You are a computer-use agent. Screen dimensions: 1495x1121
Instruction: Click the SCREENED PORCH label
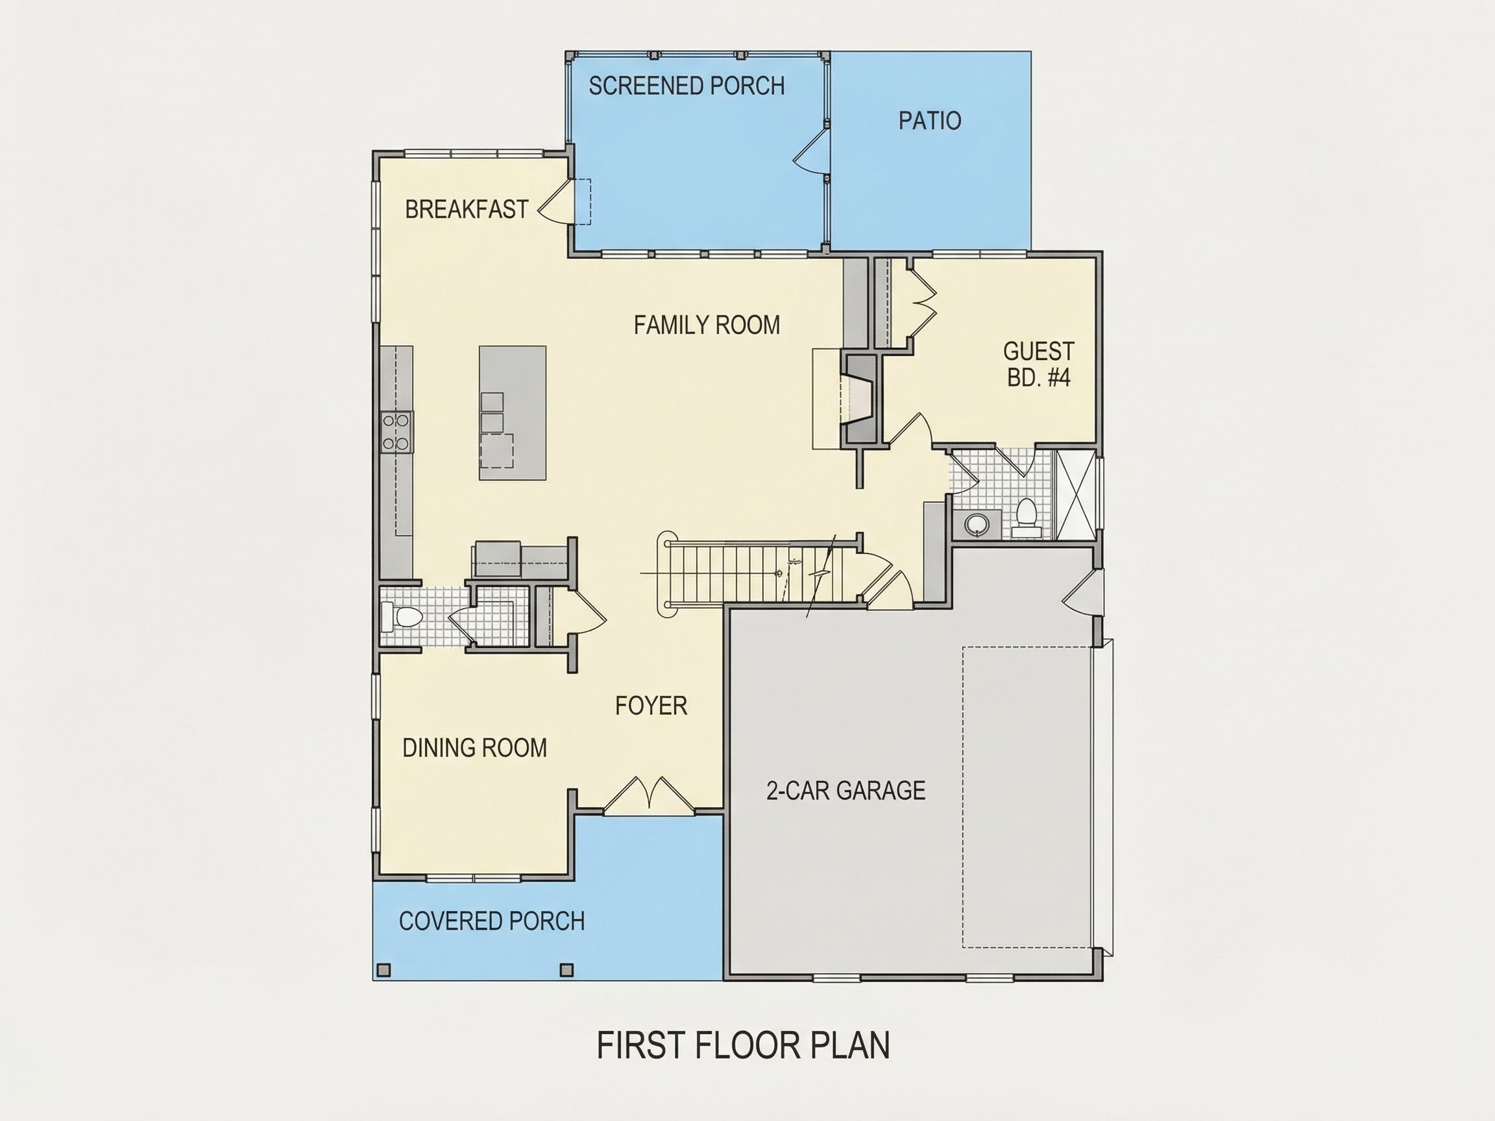[687, 86]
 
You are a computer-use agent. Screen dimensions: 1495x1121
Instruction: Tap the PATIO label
[929, 120]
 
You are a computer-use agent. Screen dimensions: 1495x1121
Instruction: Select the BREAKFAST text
[467, 210]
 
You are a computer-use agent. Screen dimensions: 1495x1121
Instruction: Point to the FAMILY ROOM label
[706, 325]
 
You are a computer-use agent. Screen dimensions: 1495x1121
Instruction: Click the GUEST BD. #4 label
[1039, 363]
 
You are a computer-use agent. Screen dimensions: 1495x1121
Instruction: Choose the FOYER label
[651, 705]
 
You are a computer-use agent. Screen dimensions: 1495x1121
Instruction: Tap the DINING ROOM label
[474, 747]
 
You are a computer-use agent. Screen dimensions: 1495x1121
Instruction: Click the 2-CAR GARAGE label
[845, 790]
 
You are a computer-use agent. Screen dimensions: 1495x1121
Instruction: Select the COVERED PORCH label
[491, 921]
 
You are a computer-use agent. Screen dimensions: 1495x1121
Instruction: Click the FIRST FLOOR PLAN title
[744, 1044]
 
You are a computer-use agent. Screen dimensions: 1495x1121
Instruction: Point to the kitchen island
[513, 413]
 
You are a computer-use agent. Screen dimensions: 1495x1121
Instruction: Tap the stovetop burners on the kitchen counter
[396, 432]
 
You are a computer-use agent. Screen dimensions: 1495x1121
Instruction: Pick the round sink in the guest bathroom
[976, 524]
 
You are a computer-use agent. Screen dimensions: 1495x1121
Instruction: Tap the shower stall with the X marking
[1074, 494]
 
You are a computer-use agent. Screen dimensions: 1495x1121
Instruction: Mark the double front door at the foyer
[649, 795]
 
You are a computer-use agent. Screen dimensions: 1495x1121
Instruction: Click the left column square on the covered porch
[384, 970]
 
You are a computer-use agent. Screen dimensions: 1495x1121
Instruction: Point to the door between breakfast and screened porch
[556, 200]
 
